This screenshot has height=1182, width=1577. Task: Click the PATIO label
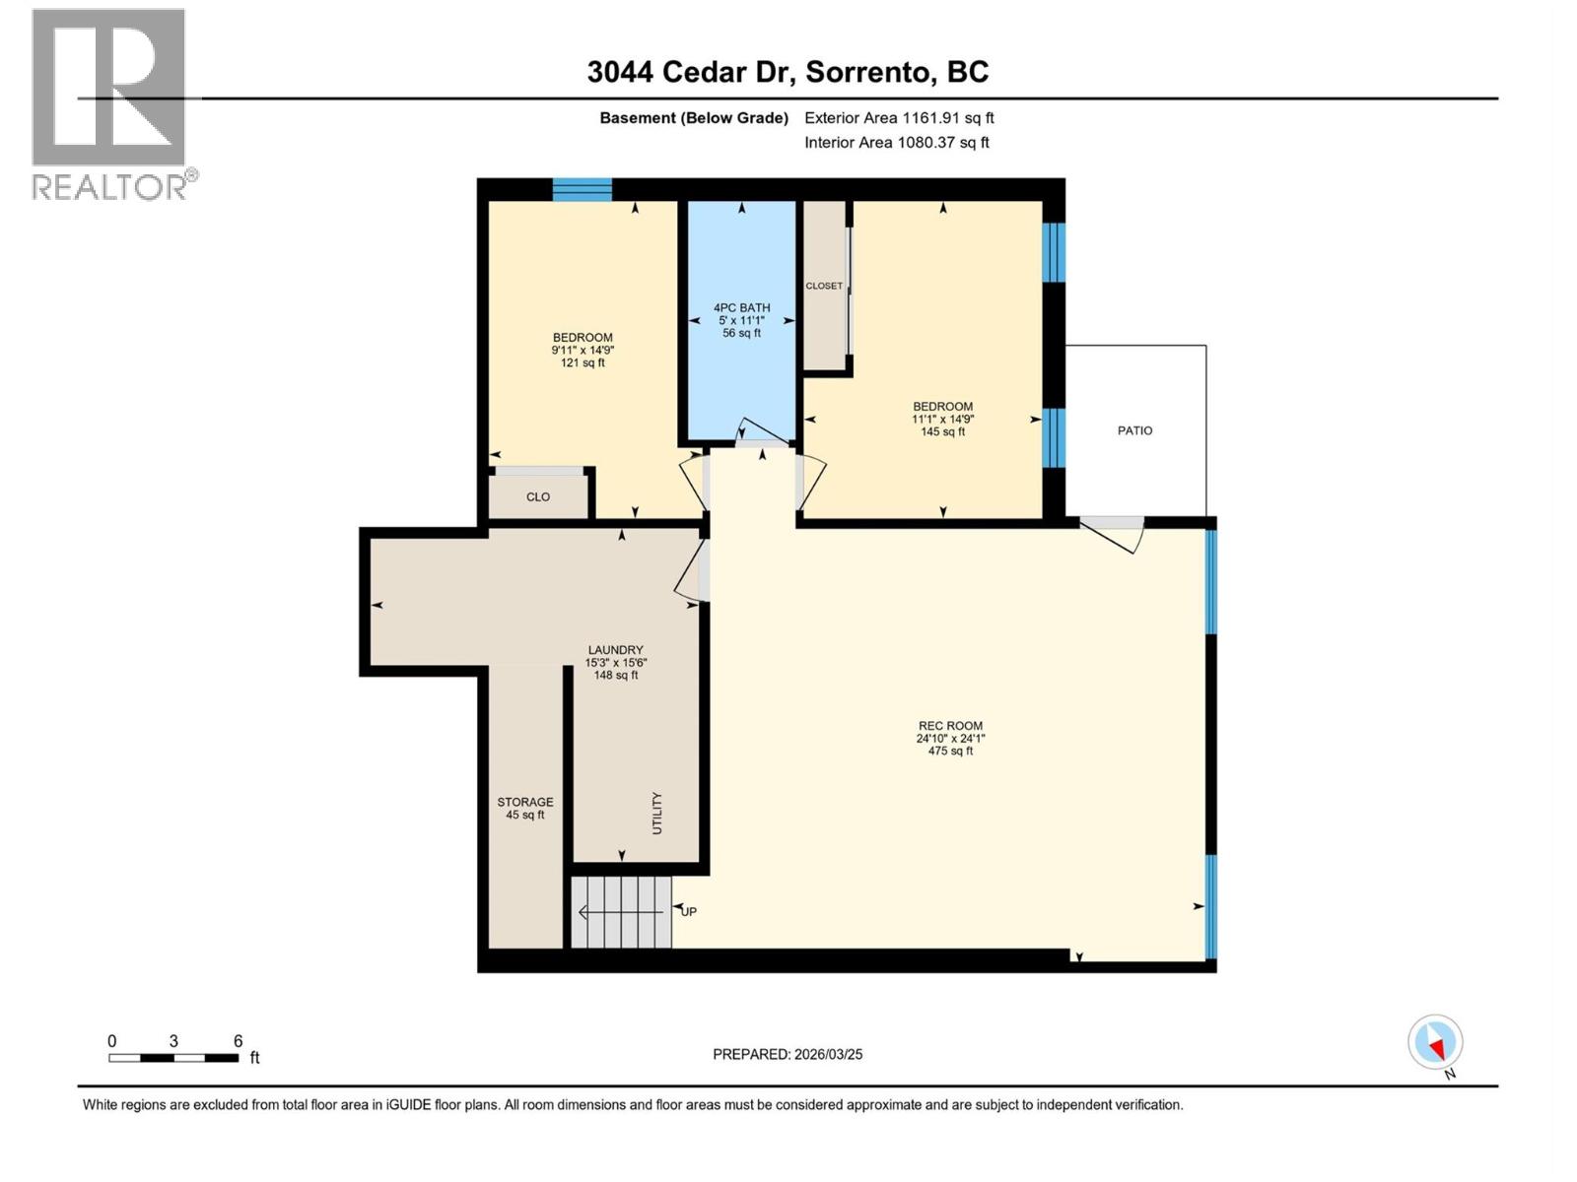(1134, 430)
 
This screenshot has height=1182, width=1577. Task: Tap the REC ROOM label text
(950, 726)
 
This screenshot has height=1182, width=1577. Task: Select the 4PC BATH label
(741, 307)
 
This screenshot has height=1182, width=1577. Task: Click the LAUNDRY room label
(615, 650)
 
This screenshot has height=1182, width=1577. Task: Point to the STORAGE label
(524, 802)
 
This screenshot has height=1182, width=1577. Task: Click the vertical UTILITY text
(657, 814)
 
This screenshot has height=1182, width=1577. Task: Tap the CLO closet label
(538, 497)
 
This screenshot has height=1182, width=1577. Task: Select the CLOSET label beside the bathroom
(824, 286)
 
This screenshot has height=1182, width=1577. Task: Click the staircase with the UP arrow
(621, 912)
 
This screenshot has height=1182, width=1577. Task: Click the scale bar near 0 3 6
(173, 1058)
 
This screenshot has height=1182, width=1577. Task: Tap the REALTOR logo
(110, 103)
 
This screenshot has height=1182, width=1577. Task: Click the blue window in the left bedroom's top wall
(582, 189)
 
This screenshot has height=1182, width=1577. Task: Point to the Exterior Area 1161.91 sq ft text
(899, 118)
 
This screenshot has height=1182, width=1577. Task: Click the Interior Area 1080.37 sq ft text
(897, 143)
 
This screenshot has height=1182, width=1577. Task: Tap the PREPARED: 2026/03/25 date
(788, 1054)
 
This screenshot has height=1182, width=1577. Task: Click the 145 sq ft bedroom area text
(942, 431)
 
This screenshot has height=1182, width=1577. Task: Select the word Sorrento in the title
(868, 72)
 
